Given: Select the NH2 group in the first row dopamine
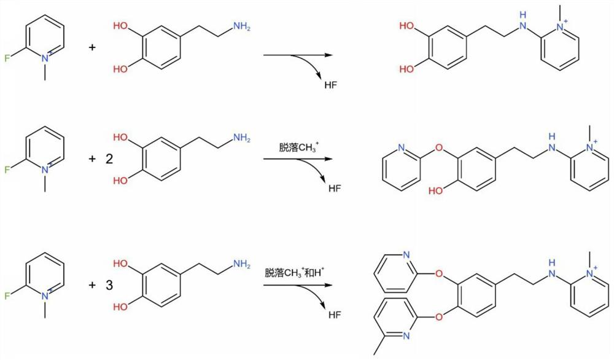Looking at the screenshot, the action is (241, 26).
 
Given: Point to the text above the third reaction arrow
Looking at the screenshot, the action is (297, 272).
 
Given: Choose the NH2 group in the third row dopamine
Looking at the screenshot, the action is (241, 265).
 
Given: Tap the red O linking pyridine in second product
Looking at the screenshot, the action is (439, 147).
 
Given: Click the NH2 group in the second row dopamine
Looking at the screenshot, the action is (241, 139).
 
